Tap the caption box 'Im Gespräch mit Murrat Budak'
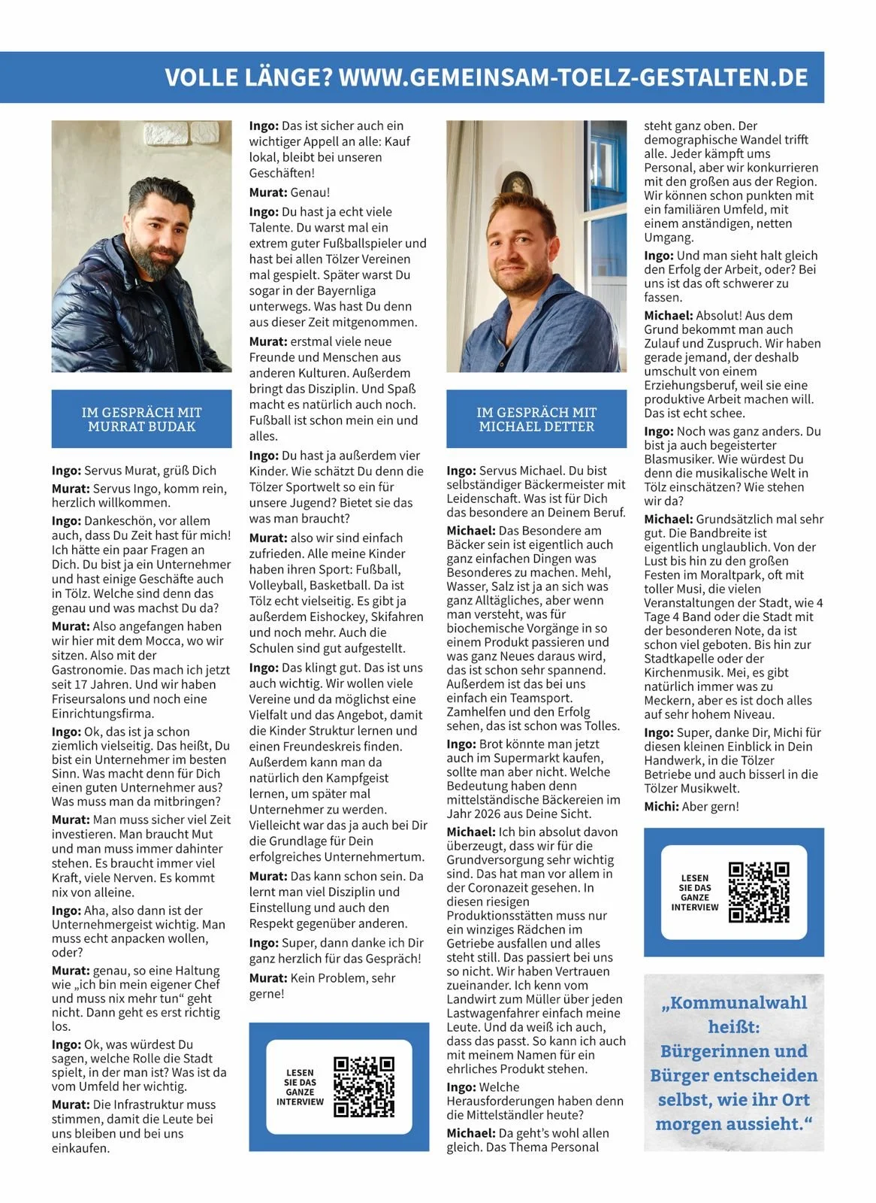click(x=141, y=420)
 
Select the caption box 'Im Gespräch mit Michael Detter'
click(x=536, y=420)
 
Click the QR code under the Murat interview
click(x=364, y=1086)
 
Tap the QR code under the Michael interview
click(x=759, y=892)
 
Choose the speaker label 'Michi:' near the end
click(x=661, y=807)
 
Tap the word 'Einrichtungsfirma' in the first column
click(x=102, y=714)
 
